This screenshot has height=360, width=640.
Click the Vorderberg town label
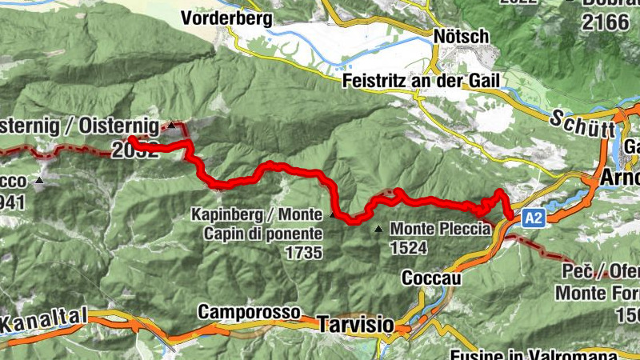click(226, 17)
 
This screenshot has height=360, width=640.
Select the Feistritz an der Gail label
click(421, 81)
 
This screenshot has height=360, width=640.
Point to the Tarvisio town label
click(355, 325)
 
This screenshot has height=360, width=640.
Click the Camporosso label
click(249, 311)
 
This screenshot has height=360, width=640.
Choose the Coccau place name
click(431, 278)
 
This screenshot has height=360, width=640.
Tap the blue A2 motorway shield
click(534, 218)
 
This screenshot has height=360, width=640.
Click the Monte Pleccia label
click(439, 229)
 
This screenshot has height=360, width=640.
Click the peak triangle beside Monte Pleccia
click(378, 229)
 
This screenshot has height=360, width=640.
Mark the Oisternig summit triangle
click(170, 126)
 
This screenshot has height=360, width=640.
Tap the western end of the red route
click(130, 142)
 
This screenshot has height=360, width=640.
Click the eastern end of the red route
click(510, 214)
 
